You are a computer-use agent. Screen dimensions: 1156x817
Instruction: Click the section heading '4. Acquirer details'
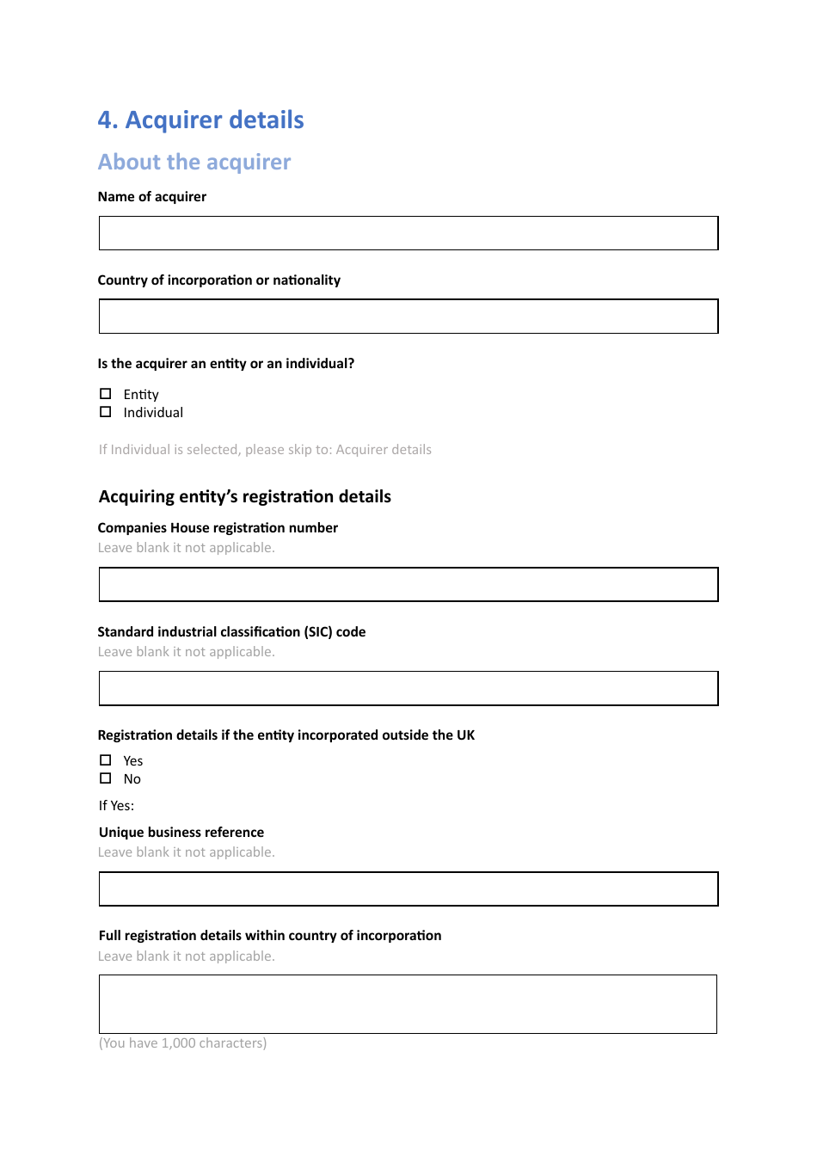(200, 120)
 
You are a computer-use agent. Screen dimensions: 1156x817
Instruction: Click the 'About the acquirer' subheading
(194, 163)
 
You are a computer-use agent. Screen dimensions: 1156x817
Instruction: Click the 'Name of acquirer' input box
(408, 233)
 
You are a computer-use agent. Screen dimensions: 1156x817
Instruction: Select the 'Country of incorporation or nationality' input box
(408, 317)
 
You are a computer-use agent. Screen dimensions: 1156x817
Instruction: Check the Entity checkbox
(106, 394)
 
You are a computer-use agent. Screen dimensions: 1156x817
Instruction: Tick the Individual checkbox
(106, 412)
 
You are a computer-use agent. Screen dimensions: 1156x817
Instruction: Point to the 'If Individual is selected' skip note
(265, 450)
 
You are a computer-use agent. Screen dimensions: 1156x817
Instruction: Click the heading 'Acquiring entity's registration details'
(244, 497)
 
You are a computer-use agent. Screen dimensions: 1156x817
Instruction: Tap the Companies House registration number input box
(408, 585)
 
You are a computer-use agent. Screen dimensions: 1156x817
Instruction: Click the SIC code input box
(408, 689)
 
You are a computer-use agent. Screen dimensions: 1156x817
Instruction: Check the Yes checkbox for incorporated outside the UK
(106, 760)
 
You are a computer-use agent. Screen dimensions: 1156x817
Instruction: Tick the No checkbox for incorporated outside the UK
(106, 778)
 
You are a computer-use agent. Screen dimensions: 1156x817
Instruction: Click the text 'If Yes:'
(116, 806)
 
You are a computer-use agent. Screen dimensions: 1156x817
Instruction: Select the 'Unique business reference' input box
(408, 889)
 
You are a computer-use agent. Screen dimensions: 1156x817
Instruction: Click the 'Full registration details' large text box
(408, 1004)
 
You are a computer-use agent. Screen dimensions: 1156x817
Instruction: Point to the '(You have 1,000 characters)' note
(182, 1043)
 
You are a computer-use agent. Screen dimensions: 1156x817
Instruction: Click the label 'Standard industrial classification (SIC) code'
(231, 632)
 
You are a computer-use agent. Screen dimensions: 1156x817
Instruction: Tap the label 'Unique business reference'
(181, 833)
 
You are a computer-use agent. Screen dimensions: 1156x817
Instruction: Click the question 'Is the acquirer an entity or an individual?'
(225, 364)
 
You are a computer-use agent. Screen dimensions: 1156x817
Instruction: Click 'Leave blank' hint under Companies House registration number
(186, 548)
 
